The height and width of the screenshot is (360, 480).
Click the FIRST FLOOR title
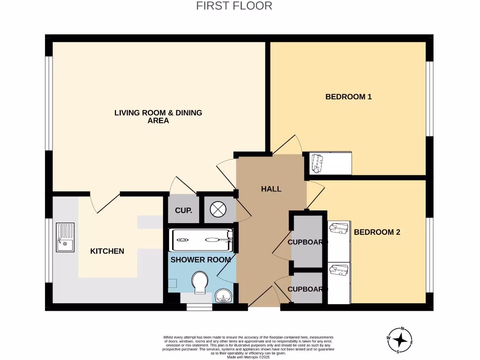234,6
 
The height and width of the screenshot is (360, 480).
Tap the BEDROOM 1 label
348,97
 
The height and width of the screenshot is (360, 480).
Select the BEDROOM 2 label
377,232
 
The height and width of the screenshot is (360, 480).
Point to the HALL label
271,189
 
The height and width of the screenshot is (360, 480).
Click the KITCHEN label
107,251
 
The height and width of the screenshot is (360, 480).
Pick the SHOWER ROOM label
201,260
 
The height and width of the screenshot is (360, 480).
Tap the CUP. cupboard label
183,210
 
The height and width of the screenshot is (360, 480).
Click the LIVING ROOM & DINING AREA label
158,116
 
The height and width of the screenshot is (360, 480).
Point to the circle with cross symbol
218,209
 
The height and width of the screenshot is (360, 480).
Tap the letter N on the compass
402,329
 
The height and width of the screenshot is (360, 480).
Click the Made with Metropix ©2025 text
248,357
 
